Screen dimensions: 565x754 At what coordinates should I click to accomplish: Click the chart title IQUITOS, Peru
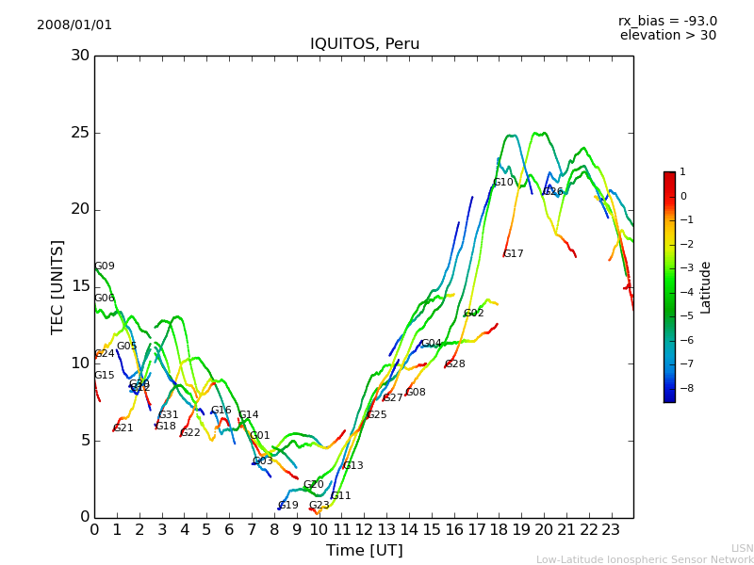pyautogui.click(x=365, y=44)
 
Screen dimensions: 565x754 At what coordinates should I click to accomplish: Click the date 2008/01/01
pyautogui.click(x=74, y=24)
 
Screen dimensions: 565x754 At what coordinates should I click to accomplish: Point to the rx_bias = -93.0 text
pyautogui.click(x=667, y=21)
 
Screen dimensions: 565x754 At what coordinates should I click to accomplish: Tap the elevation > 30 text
pyautogui.click(x=667, y=36)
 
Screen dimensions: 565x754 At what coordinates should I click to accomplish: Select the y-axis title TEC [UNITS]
pyautogui.click(x=57, y=286)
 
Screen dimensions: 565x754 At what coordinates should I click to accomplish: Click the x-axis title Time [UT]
pyautogui.click(x=365, y=551)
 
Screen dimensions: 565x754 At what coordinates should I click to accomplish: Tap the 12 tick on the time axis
pyautogui.click(x=365, y=530)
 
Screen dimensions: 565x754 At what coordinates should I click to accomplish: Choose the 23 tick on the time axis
pyautogui.click(x=612, y=530)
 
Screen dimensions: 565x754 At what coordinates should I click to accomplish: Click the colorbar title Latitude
pyautogui.click(x=705, y=287)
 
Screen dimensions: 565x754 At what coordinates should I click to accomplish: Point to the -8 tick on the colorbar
pyautogui.click(x=682, y=387)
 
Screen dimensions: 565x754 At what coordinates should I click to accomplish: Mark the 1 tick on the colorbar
pyautogui.click(x=682, y=172)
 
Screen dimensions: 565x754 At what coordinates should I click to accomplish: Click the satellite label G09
pyautogui.click(x=105, y=266)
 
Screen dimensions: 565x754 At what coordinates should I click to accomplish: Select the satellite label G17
pyautogui.click(x=514, y=254)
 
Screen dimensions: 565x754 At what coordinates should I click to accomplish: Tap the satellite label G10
pyautogui.click(x=503, y=183)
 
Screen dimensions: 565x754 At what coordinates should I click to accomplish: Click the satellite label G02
pyautogui.click(x=474, y=314)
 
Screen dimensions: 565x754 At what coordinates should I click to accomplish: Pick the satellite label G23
pyautogui.click(x=320, y=506)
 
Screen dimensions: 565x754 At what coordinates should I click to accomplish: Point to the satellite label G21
pyautogui.click(x=123, y=428)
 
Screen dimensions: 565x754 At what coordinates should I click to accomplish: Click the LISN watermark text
pyautogui.click(x=742, y=548)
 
